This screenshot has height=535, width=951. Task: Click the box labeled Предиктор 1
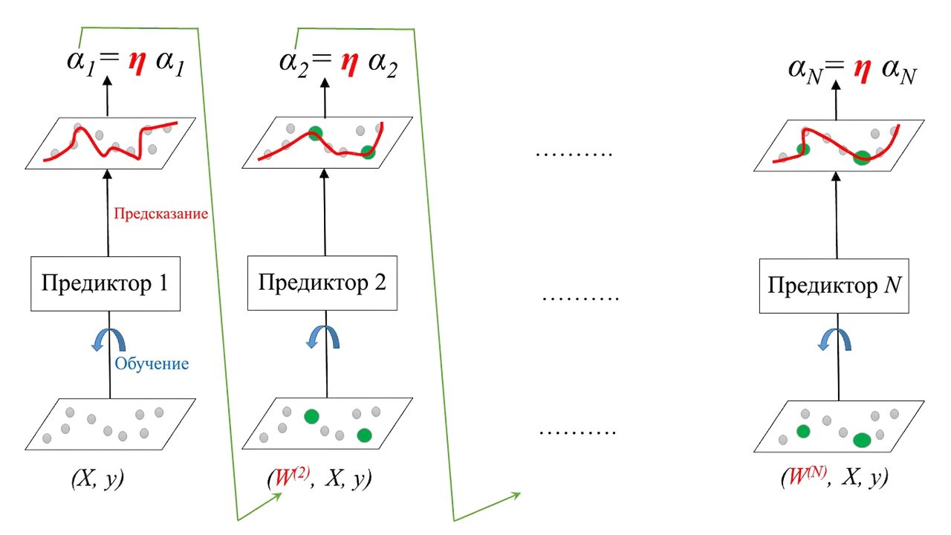coord(106,284)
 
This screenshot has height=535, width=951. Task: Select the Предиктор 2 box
coord(322,283)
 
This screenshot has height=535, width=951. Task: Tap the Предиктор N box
coord(834,286)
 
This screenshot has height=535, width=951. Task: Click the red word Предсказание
coord(160,213)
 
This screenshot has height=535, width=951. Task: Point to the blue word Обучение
coord(152,363)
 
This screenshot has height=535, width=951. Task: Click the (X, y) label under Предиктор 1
coord(97,479)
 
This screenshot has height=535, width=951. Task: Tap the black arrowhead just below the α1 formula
coord(107,81)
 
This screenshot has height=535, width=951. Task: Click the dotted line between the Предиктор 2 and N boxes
coord(580,299)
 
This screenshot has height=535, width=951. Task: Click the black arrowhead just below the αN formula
coord(836,85)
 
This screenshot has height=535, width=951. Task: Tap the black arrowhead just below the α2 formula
coord(325,82)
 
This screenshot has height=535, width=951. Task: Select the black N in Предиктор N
coord(892,285)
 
